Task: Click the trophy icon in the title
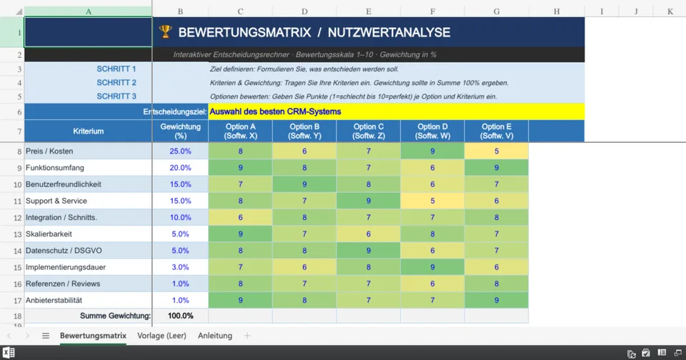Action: pyautogui.click(x=165, y=32)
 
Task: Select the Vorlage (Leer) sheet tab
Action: pyautogui.click(x=161, y=336)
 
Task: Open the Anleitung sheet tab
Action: pyautogui.click(x=215, y=336)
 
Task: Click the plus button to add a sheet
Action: pyautogui.click(x=247, y=336)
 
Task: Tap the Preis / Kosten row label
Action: pyautogui.click(x=49, y=151)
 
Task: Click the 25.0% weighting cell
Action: pyautogui.click(x=180, y=151)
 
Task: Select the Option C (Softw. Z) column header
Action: pyautogui.click(x=368, y=131)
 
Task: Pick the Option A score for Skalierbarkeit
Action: pyautogui.click(x=240, y=234)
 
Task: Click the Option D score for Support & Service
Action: pyautogui.click(x=432, y=201)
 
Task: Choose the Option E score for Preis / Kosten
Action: pyautogui.click(x=496, y=151)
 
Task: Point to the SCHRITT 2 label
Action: pyautogui.click(x=116, y=83)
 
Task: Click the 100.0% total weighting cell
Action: pyautogui.click(x=180, y=316)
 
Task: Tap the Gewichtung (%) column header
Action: pyautogui.click(x=180, y=131)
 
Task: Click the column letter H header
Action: pyautogui.click(x=556, y=11)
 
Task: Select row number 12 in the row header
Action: pyautogui.click(x=12, y=218)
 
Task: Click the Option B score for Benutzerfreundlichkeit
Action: pyautogui.click(x=304, y=184)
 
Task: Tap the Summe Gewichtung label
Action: pyautogui.click(x=115, y=316)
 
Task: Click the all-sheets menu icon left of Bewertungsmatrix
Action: pyautogui.click(x=46, y=336)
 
